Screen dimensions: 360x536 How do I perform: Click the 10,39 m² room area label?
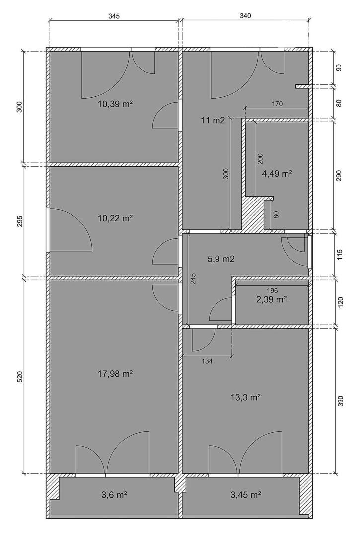115,104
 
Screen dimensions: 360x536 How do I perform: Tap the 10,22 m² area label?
115,218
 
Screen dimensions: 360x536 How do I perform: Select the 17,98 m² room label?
115,374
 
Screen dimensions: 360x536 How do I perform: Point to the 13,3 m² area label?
246,397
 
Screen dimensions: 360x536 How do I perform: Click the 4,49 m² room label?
277,174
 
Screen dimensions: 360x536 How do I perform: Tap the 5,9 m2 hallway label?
221,259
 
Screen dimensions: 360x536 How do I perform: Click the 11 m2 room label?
213,120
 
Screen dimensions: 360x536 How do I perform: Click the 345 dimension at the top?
114,16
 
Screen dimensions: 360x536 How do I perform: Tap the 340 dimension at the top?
245,16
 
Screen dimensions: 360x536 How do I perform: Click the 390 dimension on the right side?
340,401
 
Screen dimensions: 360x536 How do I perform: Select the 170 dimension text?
277,104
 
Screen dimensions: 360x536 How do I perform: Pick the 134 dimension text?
207,361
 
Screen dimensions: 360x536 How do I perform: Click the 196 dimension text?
272,290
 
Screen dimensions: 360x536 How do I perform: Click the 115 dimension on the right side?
340,255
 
